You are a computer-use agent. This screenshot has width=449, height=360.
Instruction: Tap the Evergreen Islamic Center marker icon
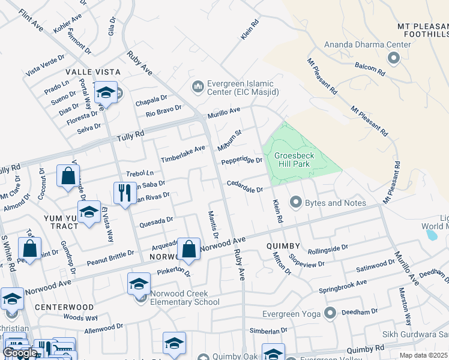pyautogui.click(x=198, y=88)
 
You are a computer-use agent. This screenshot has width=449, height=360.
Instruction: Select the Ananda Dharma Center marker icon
pyautogui.click(x=394, y=58)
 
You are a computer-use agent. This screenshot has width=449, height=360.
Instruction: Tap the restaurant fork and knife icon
pyautogui.click(x=125, y=193)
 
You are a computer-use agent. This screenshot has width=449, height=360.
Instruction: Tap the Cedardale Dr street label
pyautogui.click(x=245, y=188)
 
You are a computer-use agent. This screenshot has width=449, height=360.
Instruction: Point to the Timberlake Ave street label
pyautogui.click(x=183, y=154)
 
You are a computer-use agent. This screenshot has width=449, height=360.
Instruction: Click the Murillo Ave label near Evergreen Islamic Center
pyautogui.click(x=224, y=112)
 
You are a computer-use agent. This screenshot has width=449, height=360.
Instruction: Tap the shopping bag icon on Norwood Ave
pyautogui.click(x=189, y=249)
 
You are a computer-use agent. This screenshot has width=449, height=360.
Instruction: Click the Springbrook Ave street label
pyautogui.click(x=343, y=284)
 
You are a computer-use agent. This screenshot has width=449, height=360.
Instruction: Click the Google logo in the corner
pyautogui.click(x=19, y=353)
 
